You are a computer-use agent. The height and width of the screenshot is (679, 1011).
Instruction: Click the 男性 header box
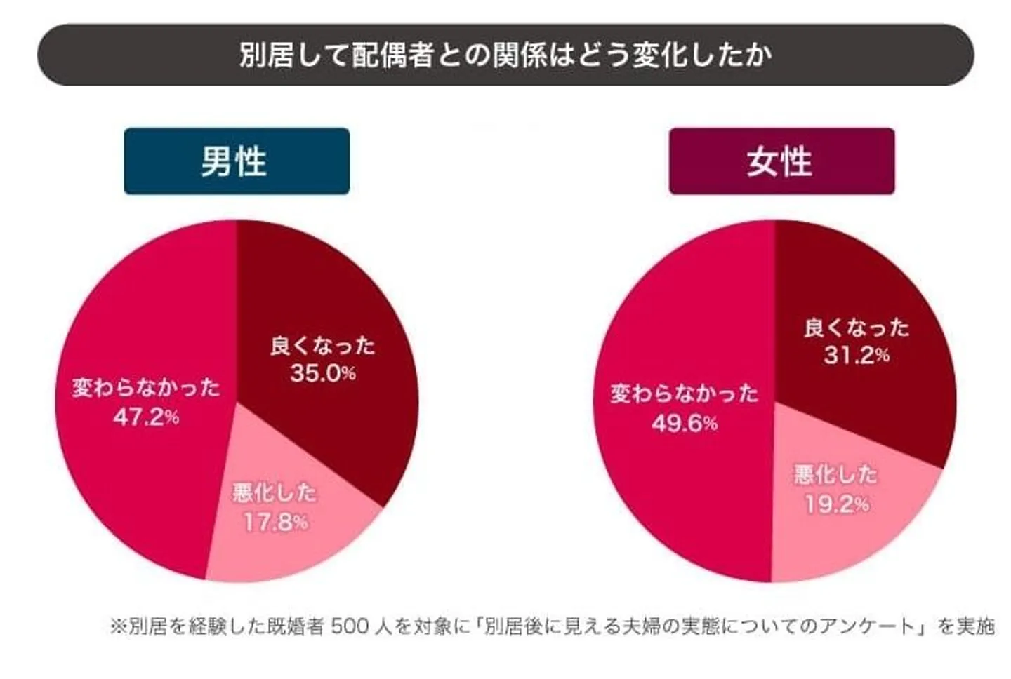coord(237,161)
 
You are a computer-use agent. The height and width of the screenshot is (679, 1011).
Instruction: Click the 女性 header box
coord(781,161)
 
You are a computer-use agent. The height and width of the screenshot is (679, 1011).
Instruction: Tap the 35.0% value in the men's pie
coord(323,373)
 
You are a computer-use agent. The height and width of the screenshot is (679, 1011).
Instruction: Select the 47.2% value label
coord(146,417)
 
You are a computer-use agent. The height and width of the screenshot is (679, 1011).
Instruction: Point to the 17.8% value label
coord(275,522)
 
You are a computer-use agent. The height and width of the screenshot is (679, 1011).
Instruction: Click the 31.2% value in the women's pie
coord(857,356)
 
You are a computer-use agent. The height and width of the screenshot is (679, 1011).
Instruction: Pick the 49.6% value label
coord(684,423)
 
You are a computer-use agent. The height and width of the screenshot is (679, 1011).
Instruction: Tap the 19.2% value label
coord(836,504)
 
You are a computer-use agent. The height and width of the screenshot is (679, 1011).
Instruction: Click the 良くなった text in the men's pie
coord(323,346)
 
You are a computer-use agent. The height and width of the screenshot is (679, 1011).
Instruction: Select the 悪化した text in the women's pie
coord(835,475)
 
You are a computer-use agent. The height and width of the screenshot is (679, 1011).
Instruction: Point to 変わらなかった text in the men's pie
coord(146,388)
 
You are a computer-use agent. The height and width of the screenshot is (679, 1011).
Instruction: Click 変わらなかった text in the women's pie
coord(684,394)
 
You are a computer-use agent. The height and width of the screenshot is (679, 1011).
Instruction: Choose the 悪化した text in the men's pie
coord(275,493)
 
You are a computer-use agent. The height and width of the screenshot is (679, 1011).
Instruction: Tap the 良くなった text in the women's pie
coord(857,328)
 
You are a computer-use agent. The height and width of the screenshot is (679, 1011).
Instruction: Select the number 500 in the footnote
coord(349,626)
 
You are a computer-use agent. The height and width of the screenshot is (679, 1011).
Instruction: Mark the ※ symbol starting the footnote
coord(117,626)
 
